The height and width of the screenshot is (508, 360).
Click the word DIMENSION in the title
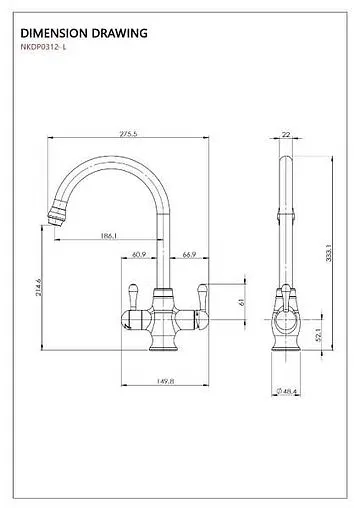coord(56,32)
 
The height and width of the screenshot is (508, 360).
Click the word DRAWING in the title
coord(122,32)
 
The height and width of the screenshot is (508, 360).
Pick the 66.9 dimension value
coord(187,256)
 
